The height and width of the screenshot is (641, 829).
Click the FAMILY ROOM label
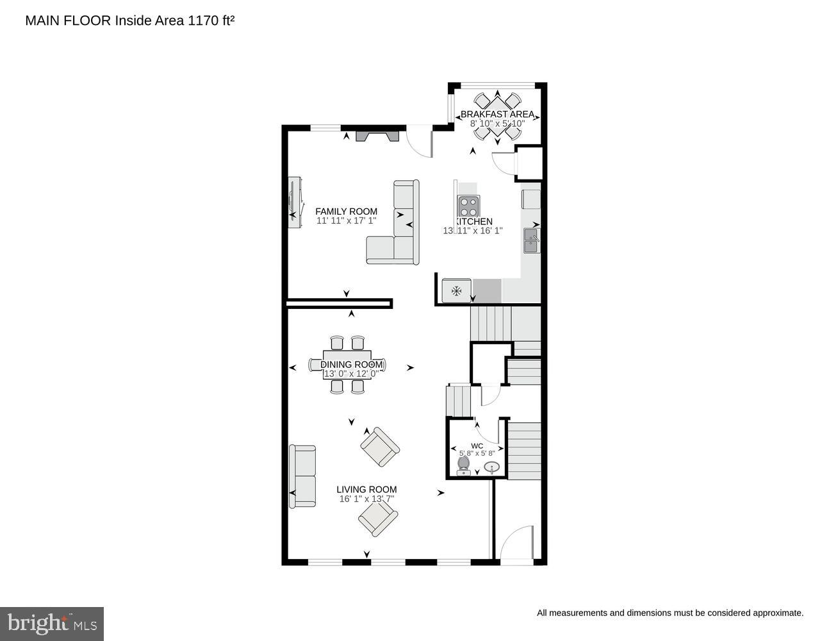pyautogui.click(x=346, y=212)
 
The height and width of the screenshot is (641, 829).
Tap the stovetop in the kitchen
pyautogui.click(x=468, y=206)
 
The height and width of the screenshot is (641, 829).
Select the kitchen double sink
pyautogui.click(x=532, y=241)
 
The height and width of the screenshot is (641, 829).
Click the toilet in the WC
pyautogui.click(x=464, y=465)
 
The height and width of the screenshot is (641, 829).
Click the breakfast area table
pyautogui.click(x=497, y=116)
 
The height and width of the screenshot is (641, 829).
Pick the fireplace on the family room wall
pyautogui.click(x=378, y=136)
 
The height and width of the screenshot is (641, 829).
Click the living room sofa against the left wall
pyautogui.click(x=302, y=476)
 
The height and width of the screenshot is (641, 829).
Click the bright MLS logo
pyautogui.click(x=52, y=623)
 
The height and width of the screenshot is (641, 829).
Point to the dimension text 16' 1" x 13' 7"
pyautogui.click(x=366, y=499)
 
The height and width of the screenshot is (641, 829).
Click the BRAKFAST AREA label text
pyautogui.click(x=497, y=115)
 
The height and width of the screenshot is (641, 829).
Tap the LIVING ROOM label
pyautogui.click(x=366, y=489)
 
